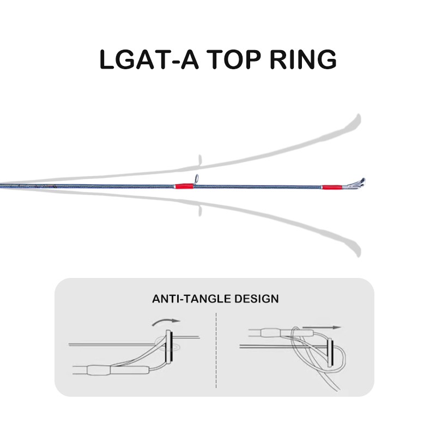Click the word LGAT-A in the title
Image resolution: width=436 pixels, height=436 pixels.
point(149,59)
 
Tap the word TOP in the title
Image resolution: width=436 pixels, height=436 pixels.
point(234,59)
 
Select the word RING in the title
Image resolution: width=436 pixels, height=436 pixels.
point(303,59)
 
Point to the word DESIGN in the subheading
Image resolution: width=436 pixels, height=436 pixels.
point(256,299)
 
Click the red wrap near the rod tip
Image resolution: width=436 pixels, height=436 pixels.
point(332,187)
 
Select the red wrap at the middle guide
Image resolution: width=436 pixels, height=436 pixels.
point(184,186)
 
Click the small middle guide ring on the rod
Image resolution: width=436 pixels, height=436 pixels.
point(196,179)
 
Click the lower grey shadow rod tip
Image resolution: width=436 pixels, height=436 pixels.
point(358,252)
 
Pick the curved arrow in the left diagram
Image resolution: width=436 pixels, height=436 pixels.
point(166,322)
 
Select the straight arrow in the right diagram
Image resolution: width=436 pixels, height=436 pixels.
point(322,328)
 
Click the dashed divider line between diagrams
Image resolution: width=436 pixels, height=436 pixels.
point(216,350)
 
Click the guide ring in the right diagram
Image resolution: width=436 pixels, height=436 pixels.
point(330,353)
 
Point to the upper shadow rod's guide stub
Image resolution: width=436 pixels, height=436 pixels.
point(199,160)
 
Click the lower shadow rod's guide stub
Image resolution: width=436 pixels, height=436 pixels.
point(199,210)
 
